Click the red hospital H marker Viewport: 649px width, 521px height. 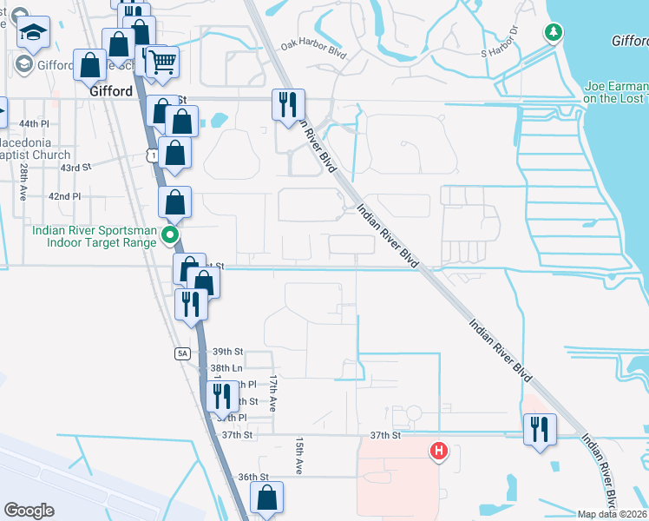[x=440, y=451]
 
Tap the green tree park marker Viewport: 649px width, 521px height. [x=553, y=33]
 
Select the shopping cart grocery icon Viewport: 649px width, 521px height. [x=161, y=62]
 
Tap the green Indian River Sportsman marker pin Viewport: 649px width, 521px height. [x=171, y=235]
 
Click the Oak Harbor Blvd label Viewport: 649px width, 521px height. [x=313, y=53]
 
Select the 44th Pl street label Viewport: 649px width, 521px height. [x=35, y=124]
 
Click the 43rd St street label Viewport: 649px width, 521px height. [x=75, y=168]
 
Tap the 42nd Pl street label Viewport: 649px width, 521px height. [x=64, y=197]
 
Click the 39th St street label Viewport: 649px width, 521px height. [x=227, y=352]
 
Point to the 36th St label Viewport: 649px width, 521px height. [x=254, y=477]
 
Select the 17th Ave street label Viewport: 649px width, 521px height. [x=272, y=393]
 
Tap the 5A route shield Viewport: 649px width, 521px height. [x=181, y=353]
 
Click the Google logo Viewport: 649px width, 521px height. [x=29, y=511]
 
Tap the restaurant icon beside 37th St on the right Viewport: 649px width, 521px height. [x=540, y=429]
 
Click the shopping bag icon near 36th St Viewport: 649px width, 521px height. [x=266, y=498]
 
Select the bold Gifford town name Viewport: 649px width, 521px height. [x=110, y=89]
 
